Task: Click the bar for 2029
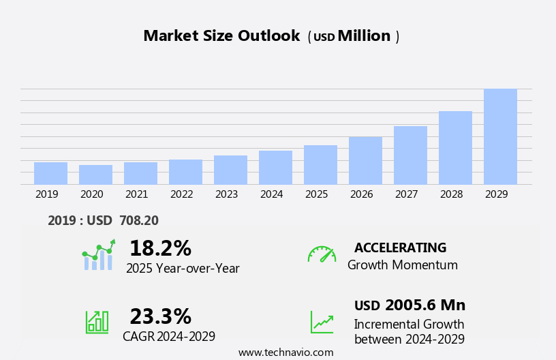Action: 500,136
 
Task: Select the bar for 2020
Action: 95,175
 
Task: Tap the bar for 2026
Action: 365,161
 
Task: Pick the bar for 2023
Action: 230,170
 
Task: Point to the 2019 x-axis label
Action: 47,194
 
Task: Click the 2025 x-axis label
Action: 317,194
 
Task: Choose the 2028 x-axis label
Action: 452,194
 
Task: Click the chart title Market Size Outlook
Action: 221,36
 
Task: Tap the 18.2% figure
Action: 160,248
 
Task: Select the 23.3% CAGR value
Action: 160,316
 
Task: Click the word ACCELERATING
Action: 400,248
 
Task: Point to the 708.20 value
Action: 139,220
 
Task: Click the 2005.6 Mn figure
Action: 425,305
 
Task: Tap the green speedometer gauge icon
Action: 322,254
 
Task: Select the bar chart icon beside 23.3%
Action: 97,322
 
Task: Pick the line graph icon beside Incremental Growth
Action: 322,322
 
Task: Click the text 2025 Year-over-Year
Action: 183,269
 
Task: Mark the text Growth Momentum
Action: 402,265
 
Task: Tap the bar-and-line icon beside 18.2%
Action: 98,255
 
